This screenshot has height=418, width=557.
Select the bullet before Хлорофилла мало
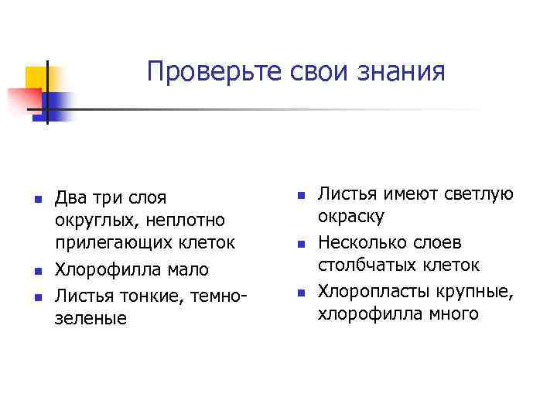36,271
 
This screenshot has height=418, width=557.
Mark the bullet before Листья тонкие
36,295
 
